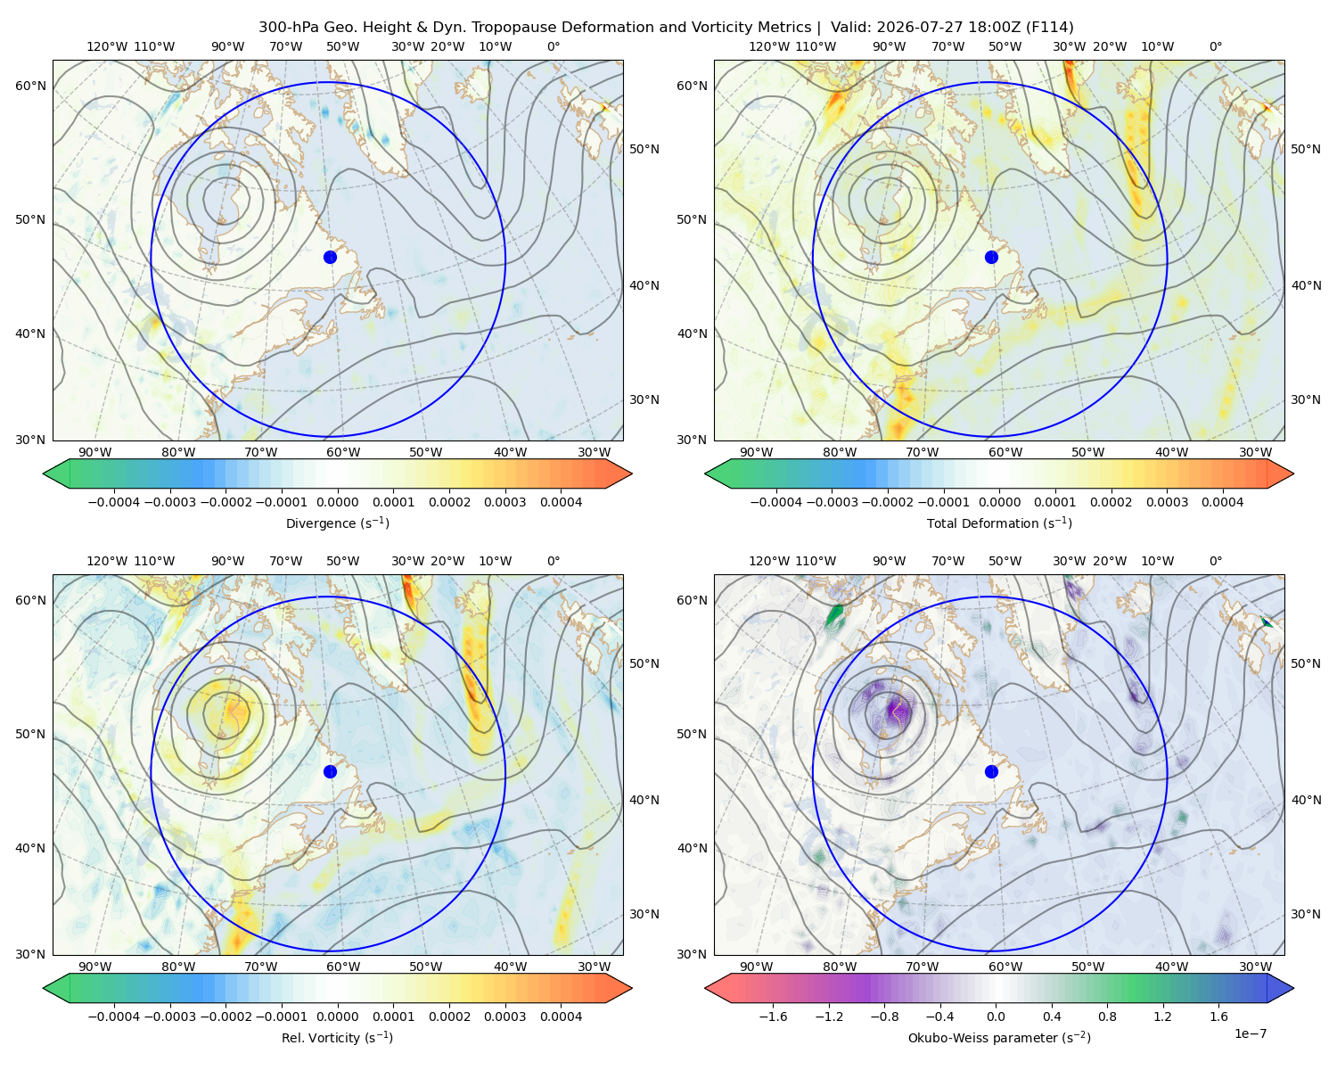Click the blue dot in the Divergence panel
(330, 257)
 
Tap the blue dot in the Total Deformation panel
(991, 257)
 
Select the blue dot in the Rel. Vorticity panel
(330, 771)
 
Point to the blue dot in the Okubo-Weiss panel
(991, 771)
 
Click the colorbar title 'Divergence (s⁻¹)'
(337, 523)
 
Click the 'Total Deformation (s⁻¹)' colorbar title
(999, 523)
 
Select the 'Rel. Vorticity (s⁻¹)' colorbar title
(337, 1037)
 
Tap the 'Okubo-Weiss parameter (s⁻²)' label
(999, 1037)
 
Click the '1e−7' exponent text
(1250, 1033)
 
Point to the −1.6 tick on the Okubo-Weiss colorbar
(773, 1017)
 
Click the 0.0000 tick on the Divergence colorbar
(337, 502)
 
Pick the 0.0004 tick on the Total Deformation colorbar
(1222, 502)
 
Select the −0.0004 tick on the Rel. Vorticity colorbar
(114, 1017)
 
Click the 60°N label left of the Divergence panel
(30, 86)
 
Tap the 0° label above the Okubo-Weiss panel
(1215, 561)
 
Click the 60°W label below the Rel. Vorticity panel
(343, 967)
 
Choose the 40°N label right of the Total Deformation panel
(1307, 285)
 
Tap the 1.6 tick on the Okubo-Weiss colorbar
(1218, 1017)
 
